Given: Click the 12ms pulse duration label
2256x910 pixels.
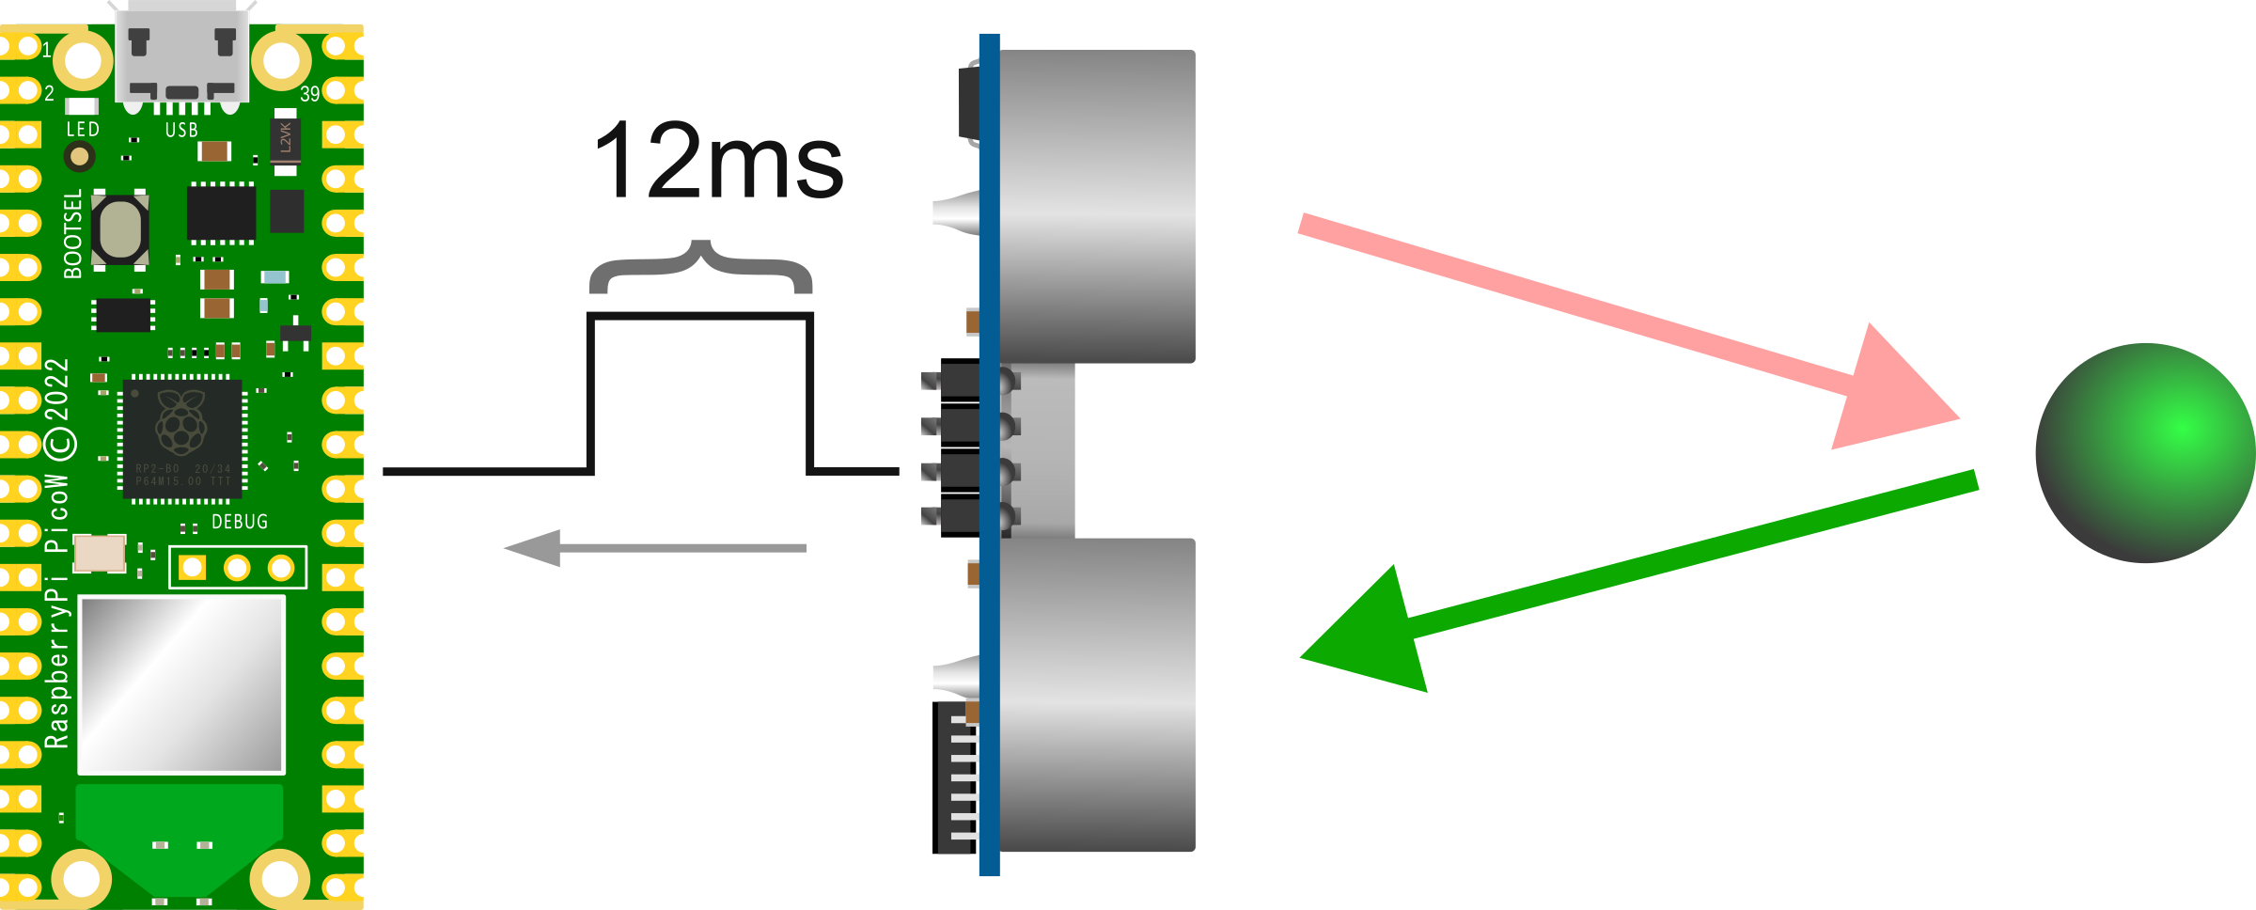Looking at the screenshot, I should (719, 162).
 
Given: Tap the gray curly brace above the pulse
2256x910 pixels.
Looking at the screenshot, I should (700, 266).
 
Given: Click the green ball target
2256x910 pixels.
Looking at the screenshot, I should (2145, 453).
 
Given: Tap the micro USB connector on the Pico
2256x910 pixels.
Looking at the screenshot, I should (181, 52).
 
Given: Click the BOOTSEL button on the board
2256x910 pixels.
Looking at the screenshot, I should (120, 229).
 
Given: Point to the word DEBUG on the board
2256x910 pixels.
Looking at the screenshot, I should (240, 522).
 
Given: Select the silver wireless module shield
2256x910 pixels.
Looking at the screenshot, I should (180, 684).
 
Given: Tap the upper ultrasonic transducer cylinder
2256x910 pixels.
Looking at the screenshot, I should (1097, 207).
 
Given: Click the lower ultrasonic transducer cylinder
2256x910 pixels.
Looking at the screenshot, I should (1097, 696).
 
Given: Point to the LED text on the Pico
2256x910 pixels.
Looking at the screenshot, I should (83, 130).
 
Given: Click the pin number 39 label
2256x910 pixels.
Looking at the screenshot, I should (310, 94).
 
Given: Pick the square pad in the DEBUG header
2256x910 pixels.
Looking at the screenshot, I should (193, 568).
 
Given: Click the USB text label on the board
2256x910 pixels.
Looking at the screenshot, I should (181, 131).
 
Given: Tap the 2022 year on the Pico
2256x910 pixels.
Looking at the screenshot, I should (57, 389).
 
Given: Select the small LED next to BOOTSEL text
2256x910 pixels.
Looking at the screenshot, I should (80, 156).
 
